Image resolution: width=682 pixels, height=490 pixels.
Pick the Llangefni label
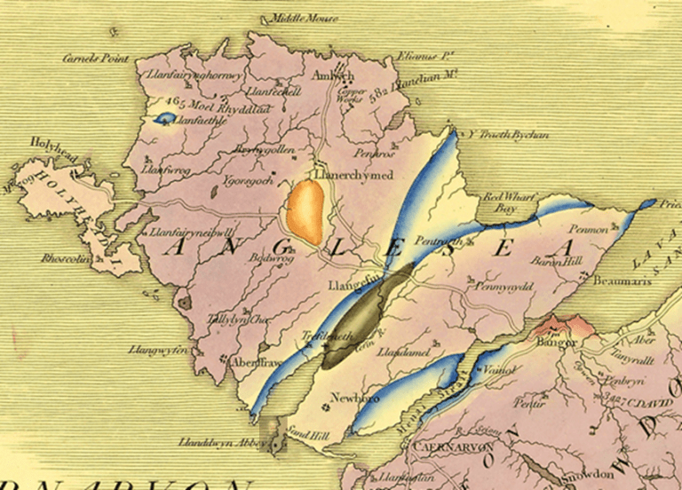(x=353, y=287)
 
